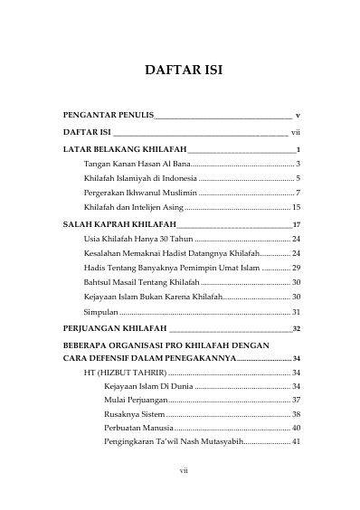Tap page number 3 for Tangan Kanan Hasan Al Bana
click(298, 164)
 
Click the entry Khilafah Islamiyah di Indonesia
click(136, 179)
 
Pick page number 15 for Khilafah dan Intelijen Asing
click(295, 208)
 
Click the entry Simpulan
click(100, 312)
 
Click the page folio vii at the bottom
click(180, 471)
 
